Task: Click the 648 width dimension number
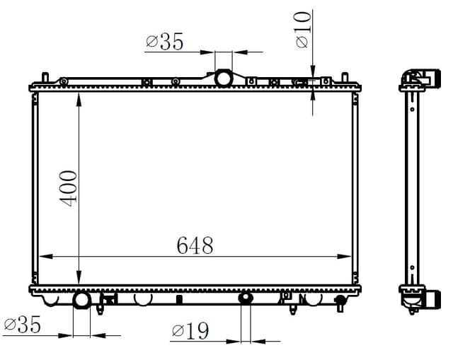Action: [x=195, y=245]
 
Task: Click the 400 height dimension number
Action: [x=69, y=189]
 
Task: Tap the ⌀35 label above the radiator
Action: [x=165, y=42]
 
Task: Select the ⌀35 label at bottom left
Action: [x=23, y=325]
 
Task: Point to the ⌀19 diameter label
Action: [x=190, y=330]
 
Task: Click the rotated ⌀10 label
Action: [x=302, y=30]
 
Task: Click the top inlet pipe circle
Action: [x=224, y=79]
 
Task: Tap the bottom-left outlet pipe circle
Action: [x=82, y=301]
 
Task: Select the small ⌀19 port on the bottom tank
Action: [x=246, y=297]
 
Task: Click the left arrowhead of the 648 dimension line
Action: [x=45, y=256]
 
